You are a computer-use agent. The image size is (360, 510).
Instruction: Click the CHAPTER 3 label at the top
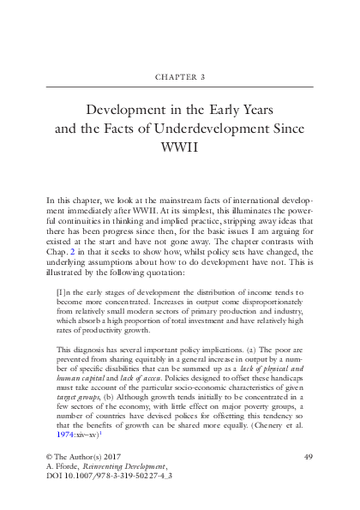pos(180,75)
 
